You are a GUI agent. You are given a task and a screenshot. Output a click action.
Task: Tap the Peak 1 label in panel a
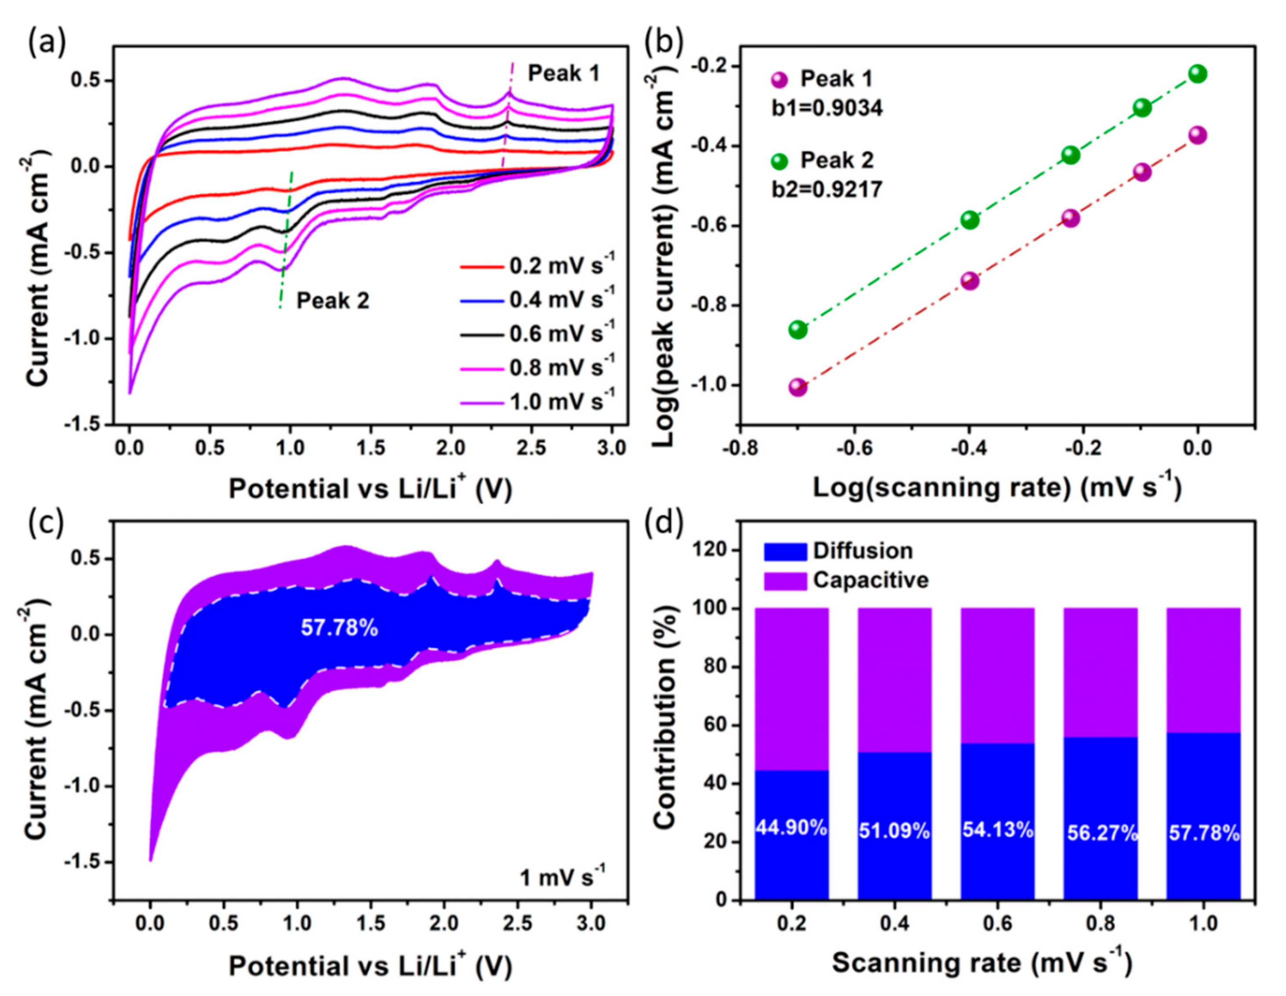564,74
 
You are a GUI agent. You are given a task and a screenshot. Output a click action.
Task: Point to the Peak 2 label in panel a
332,301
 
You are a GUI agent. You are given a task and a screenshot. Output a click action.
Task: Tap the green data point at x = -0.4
970,220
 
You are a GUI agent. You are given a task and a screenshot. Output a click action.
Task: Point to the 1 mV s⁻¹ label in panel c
562,878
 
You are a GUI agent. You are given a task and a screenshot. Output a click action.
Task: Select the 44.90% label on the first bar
791,828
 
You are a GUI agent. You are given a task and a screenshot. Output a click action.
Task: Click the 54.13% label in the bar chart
997,830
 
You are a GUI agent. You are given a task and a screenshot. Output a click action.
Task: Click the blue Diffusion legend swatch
785,552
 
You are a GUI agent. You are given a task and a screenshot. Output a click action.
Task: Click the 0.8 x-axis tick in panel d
1101,924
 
